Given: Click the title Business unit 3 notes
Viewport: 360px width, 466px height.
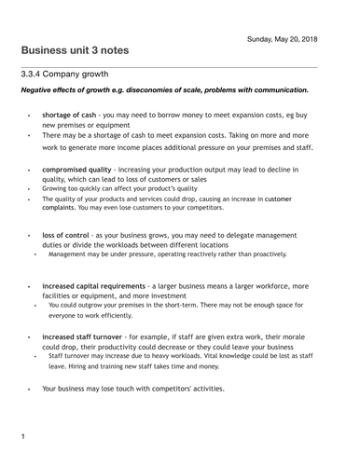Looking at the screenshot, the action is tap(76, 49).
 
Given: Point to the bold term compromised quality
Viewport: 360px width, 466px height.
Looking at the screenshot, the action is tap(76, 169).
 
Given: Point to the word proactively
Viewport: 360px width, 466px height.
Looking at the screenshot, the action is tap(266, 253).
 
